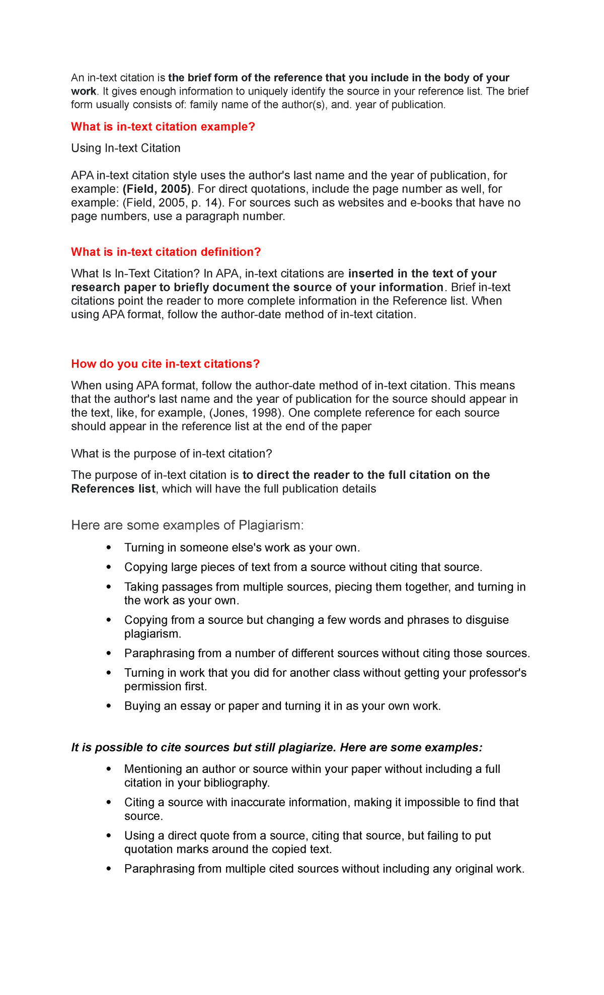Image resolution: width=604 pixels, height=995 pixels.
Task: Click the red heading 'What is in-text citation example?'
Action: click(x=163, y=127)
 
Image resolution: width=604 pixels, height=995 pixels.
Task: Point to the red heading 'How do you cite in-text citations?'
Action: click(x=165, y=364)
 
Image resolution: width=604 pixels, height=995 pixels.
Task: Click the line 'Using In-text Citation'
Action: click(x=126, y=148)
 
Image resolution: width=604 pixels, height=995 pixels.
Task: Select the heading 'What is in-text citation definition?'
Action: click(x=166, y=252)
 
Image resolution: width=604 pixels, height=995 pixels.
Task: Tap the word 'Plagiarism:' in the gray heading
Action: click(x=271, y=525)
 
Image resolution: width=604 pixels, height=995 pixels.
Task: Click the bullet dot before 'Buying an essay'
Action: click(x=108, y=706)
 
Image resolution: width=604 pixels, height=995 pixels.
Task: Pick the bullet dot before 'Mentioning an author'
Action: click(x=108, y=769)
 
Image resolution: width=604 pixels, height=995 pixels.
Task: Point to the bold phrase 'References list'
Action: click(x=113, y=489)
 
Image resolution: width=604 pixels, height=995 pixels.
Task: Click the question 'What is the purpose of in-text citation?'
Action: click(x=172, y=454)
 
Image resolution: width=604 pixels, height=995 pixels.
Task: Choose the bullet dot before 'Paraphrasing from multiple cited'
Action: click(x=108, y=869)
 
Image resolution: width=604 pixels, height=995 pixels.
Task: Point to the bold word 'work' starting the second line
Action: click(x=83, y=91)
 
